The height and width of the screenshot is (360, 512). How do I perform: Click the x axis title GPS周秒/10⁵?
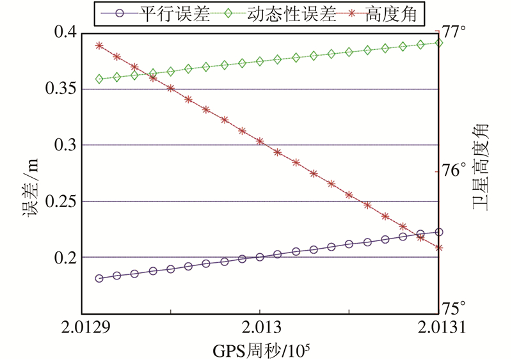coord(260,349)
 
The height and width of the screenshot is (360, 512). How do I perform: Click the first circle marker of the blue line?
coord(99,278)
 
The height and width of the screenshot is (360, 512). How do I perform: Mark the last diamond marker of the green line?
coord(438,43)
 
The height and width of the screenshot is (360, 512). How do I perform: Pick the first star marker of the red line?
coord(99,46)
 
